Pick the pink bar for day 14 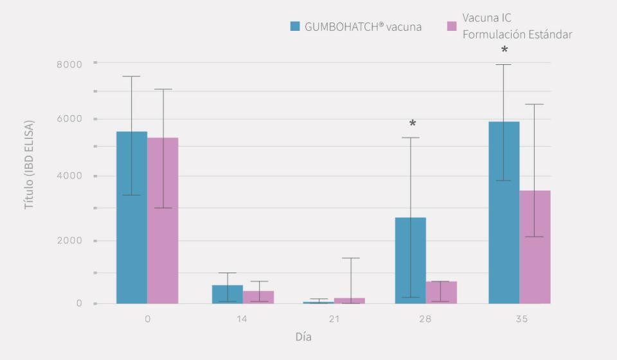(258, 297)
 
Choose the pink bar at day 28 (441, 292)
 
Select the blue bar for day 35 (504, 212)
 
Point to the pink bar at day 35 (535, 247)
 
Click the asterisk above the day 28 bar (413, 124)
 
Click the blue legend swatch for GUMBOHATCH (295, 26)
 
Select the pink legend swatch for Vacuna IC (452, 26)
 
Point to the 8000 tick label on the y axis (69, 64)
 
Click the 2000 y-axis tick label (69, 240)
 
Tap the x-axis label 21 (334, 319)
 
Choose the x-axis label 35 (521, 319)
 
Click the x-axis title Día (303, 337)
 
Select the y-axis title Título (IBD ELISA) (29, 165)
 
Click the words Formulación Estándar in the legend (517, 34)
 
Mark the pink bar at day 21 (349, 300)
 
